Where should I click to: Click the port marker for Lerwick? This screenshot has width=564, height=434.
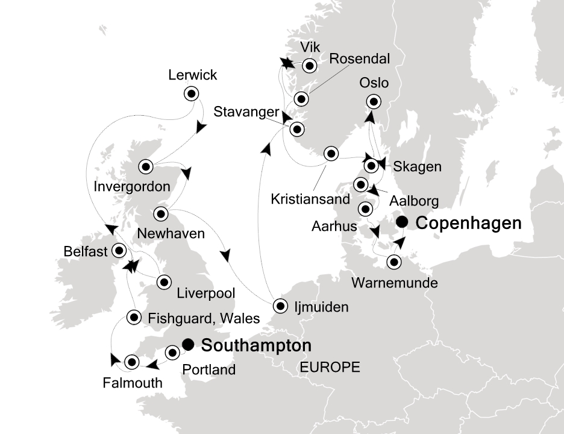click(192, 93)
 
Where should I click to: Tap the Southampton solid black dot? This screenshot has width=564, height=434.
click(188, 344)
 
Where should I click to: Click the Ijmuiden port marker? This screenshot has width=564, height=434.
click(280, 306)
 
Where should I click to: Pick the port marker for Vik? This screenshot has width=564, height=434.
click(310, 65)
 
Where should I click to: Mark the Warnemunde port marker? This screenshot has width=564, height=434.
click(393, 262)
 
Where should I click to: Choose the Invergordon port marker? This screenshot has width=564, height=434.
click(146, 166)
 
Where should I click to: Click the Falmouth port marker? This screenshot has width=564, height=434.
click(132, 362)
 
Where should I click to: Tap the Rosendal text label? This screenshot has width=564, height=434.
click(359, 58)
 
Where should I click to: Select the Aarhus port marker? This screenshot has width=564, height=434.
click(365, 209)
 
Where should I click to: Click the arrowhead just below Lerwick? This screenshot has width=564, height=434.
click(201, 128)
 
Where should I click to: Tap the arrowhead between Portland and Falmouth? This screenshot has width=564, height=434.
click(153, 364)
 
